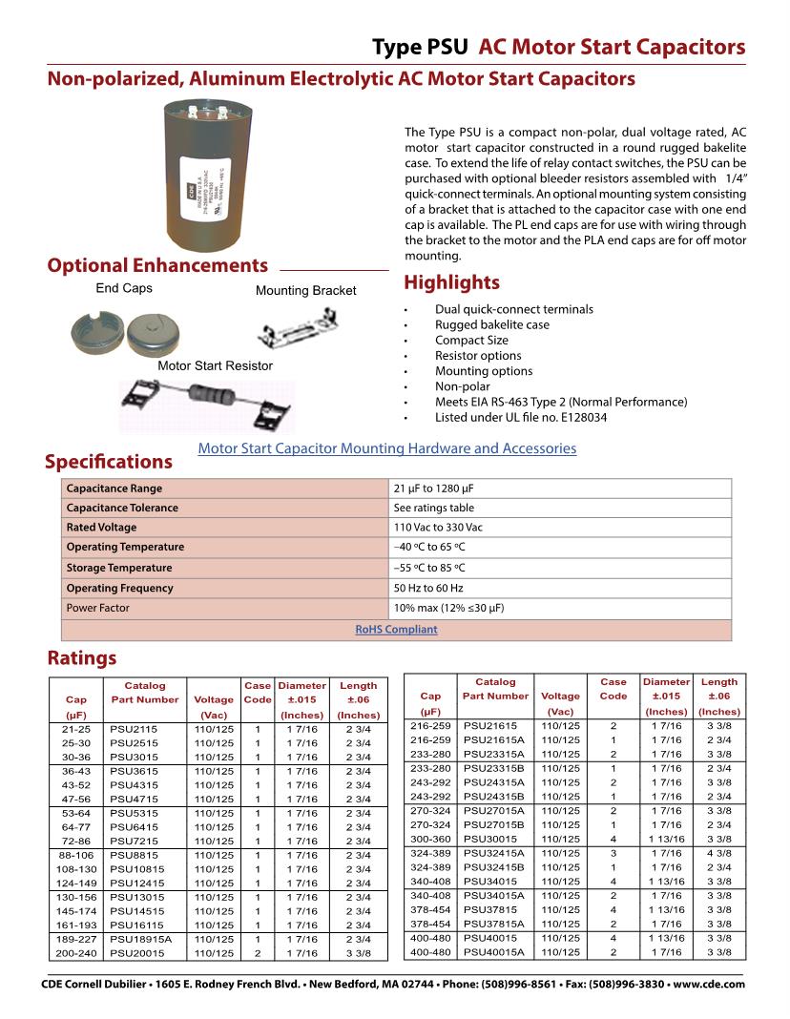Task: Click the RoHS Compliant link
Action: [396, 630]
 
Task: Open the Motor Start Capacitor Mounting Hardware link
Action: [386, 447]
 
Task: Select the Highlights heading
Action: [451, 282]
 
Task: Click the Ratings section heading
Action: [82, 657]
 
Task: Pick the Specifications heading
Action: [109, 462]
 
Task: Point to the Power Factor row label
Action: [97, 608]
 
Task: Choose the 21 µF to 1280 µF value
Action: [433, 488]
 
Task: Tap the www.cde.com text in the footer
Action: [709, 984]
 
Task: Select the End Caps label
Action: [124, 288]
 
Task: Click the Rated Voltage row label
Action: [101, 528]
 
